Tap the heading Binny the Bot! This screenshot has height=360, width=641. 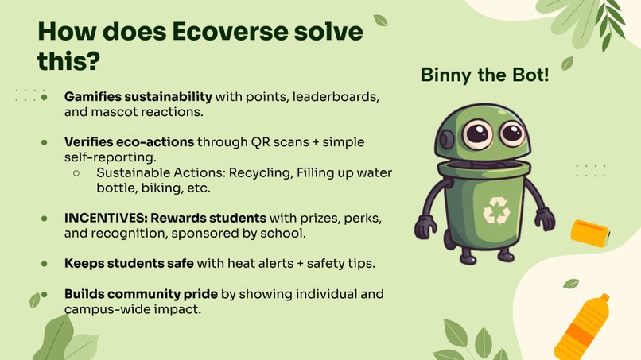(484, 76)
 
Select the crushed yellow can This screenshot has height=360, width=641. (590, 232)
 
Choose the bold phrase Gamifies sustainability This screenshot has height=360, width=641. (138, 97)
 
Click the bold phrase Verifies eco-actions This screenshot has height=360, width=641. (129, 142)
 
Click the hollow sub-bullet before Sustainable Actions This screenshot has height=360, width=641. (77, 172)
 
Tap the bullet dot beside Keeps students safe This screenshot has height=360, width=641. (45, 262)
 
